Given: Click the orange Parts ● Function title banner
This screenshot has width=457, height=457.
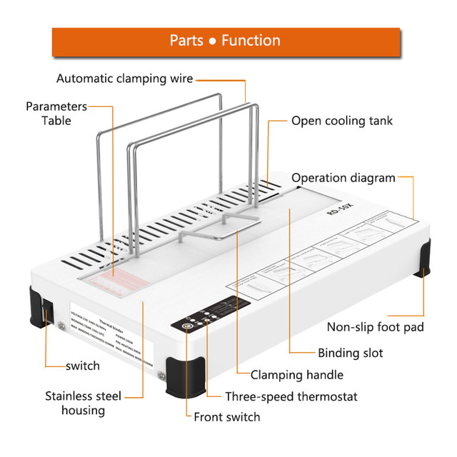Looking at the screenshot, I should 225,41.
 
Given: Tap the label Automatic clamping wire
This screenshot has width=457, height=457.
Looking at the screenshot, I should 125,79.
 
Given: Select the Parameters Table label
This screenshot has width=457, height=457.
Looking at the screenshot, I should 56,114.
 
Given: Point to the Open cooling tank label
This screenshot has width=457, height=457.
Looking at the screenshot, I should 341,121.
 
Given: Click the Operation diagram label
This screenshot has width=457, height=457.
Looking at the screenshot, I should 343,178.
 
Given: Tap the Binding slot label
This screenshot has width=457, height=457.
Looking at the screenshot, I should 350,353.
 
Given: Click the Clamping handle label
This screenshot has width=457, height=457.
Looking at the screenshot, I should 296,374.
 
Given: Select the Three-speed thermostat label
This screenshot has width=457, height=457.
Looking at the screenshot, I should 291,396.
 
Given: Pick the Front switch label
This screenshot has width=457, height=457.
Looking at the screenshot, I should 227,416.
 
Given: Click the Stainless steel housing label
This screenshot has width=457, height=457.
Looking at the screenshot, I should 84,403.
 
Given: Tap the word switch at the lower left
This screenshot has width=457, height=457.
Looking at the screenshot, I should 83,366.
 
